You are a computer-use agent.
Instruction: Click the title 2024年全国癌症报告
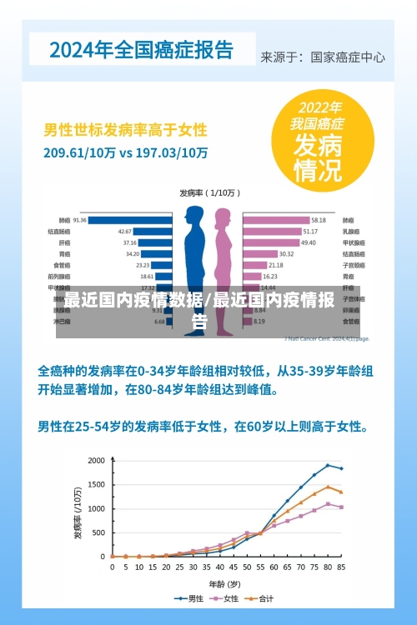[x=142, y=49]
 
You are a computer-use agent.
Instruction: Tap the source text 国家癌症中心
[x=348, y=57]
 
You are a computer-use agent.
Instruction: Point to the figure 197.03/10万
[x=170, y=153]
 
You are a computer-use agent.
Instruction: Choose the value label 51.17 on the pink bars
[x=309, y=231]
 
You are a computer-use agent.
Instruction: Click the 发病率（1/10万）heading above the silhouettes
[x=209, y=192]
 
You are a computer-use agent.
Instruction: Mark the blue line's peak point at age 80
[x=328, y=465]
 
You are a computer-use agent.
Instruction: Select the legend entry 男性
[x=191, y=597]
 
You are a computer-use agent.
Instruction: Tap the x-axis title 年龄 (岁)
[x=224, y=582]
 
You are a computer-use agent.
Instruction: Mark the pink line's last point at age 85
[x=341, y=507]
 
